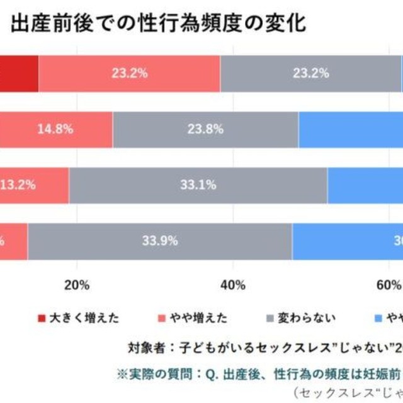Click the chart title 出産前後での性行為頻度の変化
[x=158, y=25]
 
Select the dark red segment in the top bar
[x=19, y=73]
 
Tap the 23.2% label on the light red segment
[x=130, y=73]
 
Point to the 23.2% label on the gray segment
[x=311, y=73]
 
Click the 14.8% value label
[x=55, y=129]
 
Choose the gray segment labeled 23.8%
[x=205, y=129]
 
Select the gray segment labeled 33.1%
[x=198, y=184]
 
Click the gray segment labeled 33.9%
[x=160, y=240]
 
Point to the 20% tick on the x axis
[x=77, y=285]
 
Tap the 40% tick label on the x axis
[x=233, y=285]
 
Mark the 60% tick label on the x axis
[x=389, y=285]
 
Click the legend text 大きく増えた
[x=84, y=317]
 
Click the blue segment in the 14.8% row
[x=351, y=129]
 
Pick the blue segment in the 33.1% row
[x=365, y=184]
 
